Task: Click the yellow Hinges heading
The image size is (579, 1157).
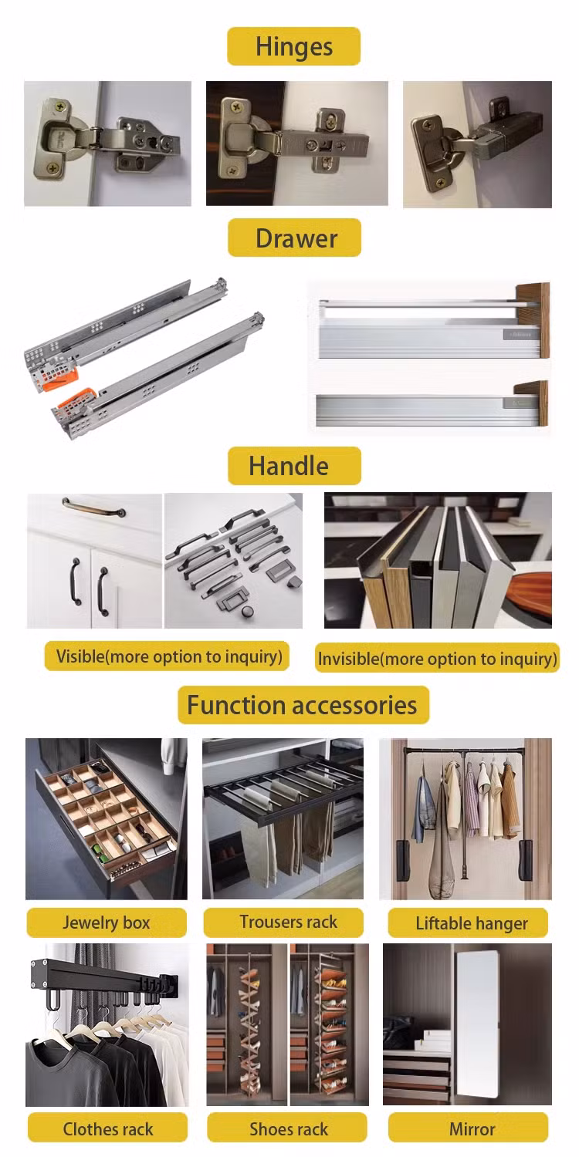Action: point(293,46)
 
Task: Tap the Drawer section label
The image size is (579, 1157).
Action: point(295,238)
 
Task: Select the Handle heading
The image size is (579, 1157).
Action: point(295,466)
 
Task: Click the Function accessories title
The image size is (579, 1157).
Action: point(303,705)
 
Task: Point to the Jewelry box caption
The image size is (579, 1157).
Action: point(107,923)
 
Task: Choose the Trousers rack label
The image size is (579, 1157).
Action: point(283,922)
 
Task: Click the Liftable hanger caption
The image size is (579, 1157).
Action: point(468,923)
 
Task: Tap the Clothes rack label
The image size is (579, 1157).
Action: point(107,1129)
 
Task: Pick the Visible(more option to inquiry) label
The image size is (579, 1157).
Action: point(167,656)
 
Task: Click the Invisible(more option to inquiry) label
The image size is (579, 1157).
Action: point(438,658)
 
